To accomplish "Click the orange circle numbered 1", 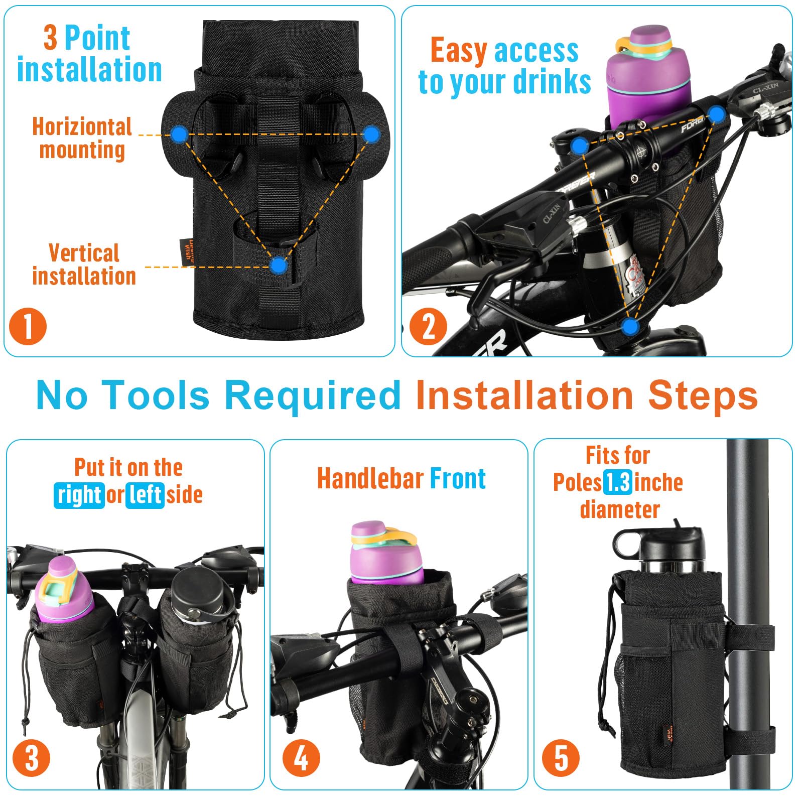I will coord(28,326).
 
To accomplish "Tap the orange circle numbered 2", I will coord(428,326).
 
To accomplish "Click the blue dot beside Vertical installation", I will coord(278,265).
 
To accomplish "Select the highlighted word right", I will coord(79,495).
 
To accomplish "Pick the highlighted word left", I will coord(145,495).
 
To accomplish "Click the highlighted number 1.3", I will coord(617,483).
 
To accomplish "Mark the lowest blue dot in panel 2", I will coord(630,327).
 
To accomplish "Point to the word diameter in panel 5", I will coord(619,509).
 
